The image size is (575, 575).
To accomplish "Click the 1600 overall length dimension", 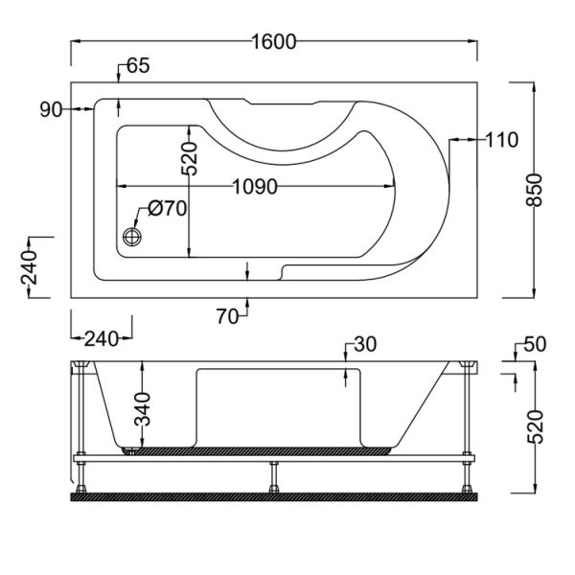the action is pos(274,41).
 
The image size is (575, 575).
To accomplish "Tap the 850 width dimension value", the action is pos(535,191).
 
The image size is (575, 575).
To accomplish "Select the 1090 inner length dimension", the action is pos(255,187).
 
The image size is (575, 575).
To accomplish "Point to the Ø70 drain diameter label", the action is pos(168,209).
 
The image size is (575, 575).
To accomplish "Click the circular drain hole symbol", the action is pos(132,237).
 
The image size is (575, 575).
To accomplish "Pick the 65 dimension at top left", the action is pos(138,66).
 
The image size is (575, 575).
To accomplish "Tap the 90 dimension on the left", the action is pos(51,109).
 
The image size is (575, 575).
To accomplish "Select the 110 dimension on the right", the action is pos(501,140).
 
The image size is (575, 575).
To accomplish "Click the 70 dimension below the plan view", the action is pos(227,316).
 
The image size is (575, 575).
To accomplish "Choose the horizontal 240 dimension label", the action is pos(102,339).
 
